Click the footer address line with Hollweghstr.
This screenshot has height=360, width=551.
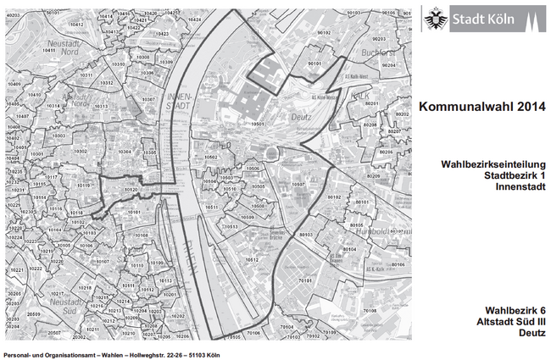click(111, 354)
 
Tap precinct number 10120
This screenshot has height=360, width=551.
click(130, 191)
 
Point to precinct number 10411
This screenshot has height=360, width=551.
click(48, 50)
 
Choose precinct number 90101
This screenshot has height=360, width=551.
click(314, 64)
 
